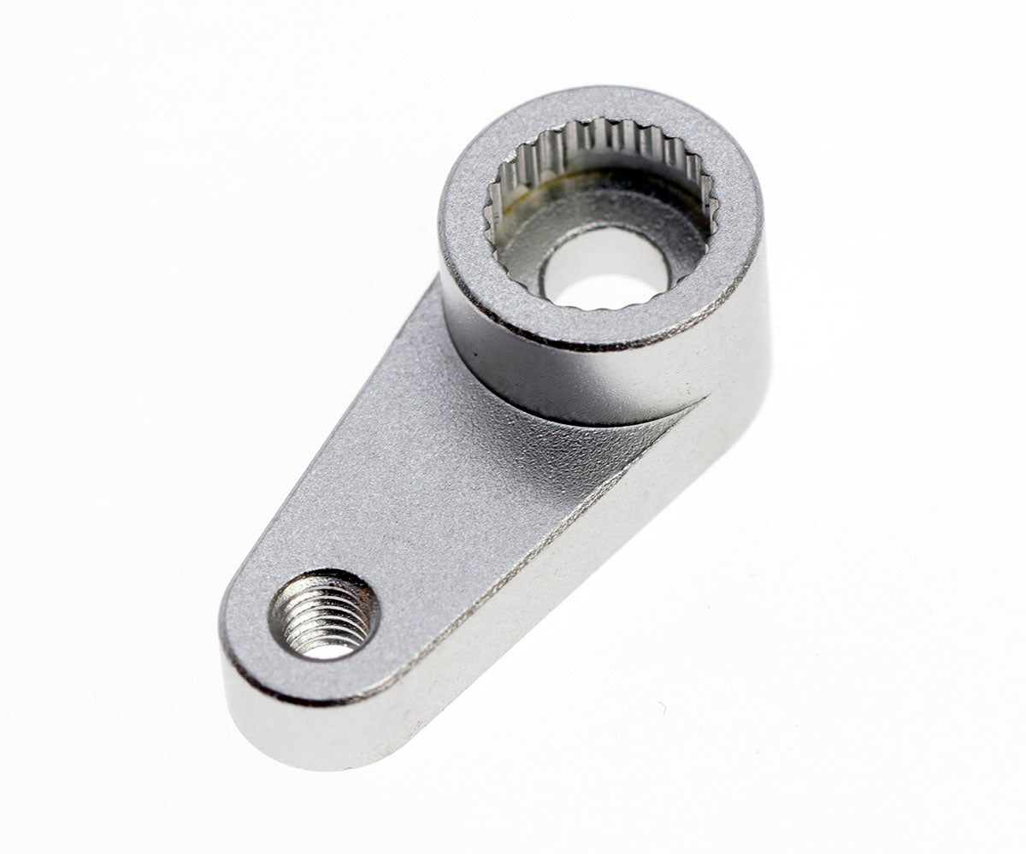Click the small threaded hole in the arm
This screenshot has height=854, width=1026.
[324, 615]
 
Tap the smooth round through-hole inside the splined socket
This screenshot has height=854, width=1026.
[605, 267]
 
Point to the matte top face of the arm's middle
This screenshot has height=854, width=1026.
[427, 479]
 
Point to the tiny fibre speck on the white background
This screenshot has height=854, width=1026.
[661, 709]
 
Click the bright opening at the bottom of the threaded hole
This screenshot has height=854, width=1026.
[329, 650]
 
